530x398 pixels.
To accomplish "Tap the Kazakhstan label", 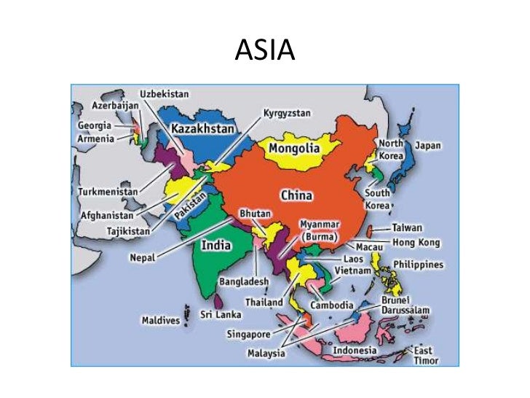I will click(x=203, y=129).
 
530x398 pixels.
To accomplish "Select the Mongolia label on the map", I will click(x=294, y=149).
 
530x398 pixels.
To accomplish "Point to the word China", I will click(x=296, y=195).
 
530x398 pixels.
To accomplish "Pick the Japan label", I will click(x=428, y=145).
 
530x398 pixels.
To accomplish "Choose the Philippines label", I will click(x=418, y=264).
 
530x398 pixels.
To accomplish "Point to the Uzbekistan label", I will click(x=164, y=94).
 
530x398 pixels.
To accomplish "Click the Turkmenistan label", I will click(x=107, y=191).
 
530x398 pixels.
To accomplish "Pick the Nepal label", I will click(x=143, y=258).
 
